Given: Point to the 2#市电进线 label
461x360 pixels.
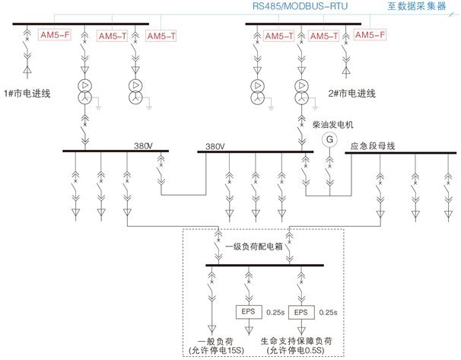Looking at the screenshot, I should coord(351,94).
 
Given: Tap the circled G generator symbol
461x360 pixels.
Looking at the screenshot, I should coord(329,139).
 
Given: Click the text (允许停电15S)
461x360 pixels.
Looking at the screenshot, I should coord(218,351).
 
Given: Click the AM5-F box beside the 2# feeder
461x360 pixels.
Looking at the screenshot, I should coord(370,36).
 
